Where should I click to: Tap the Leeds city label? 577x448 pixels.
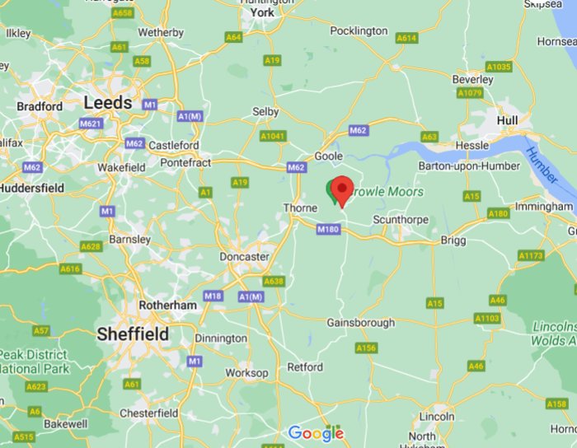107,103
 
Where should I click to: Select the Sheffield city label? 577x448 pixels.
133,334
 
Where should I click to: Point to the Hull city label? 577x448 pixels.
507,120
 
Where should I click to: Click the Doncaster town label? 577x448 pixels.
244,257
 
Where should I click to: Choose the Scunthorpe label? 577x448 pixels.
401,220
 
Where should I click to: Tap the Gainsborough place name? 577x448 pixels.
360,323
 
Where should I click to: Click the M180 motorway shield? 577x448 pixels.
328,229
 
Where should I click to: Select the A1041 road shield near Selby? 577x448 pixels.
272,136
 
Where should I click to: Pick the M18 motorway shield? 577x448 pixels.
213,296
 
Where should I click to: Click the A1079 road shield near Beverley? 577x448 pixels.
470,93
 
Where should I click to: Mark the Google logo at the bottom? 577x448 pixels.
316,433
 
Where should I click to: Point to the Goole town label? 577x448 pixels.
329,156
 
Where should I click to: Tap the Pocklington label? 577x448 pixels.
359,30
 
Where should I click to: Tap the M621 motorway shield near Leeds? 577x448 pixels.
90,124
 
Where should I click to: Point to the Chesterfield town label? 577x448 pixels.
149,413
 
